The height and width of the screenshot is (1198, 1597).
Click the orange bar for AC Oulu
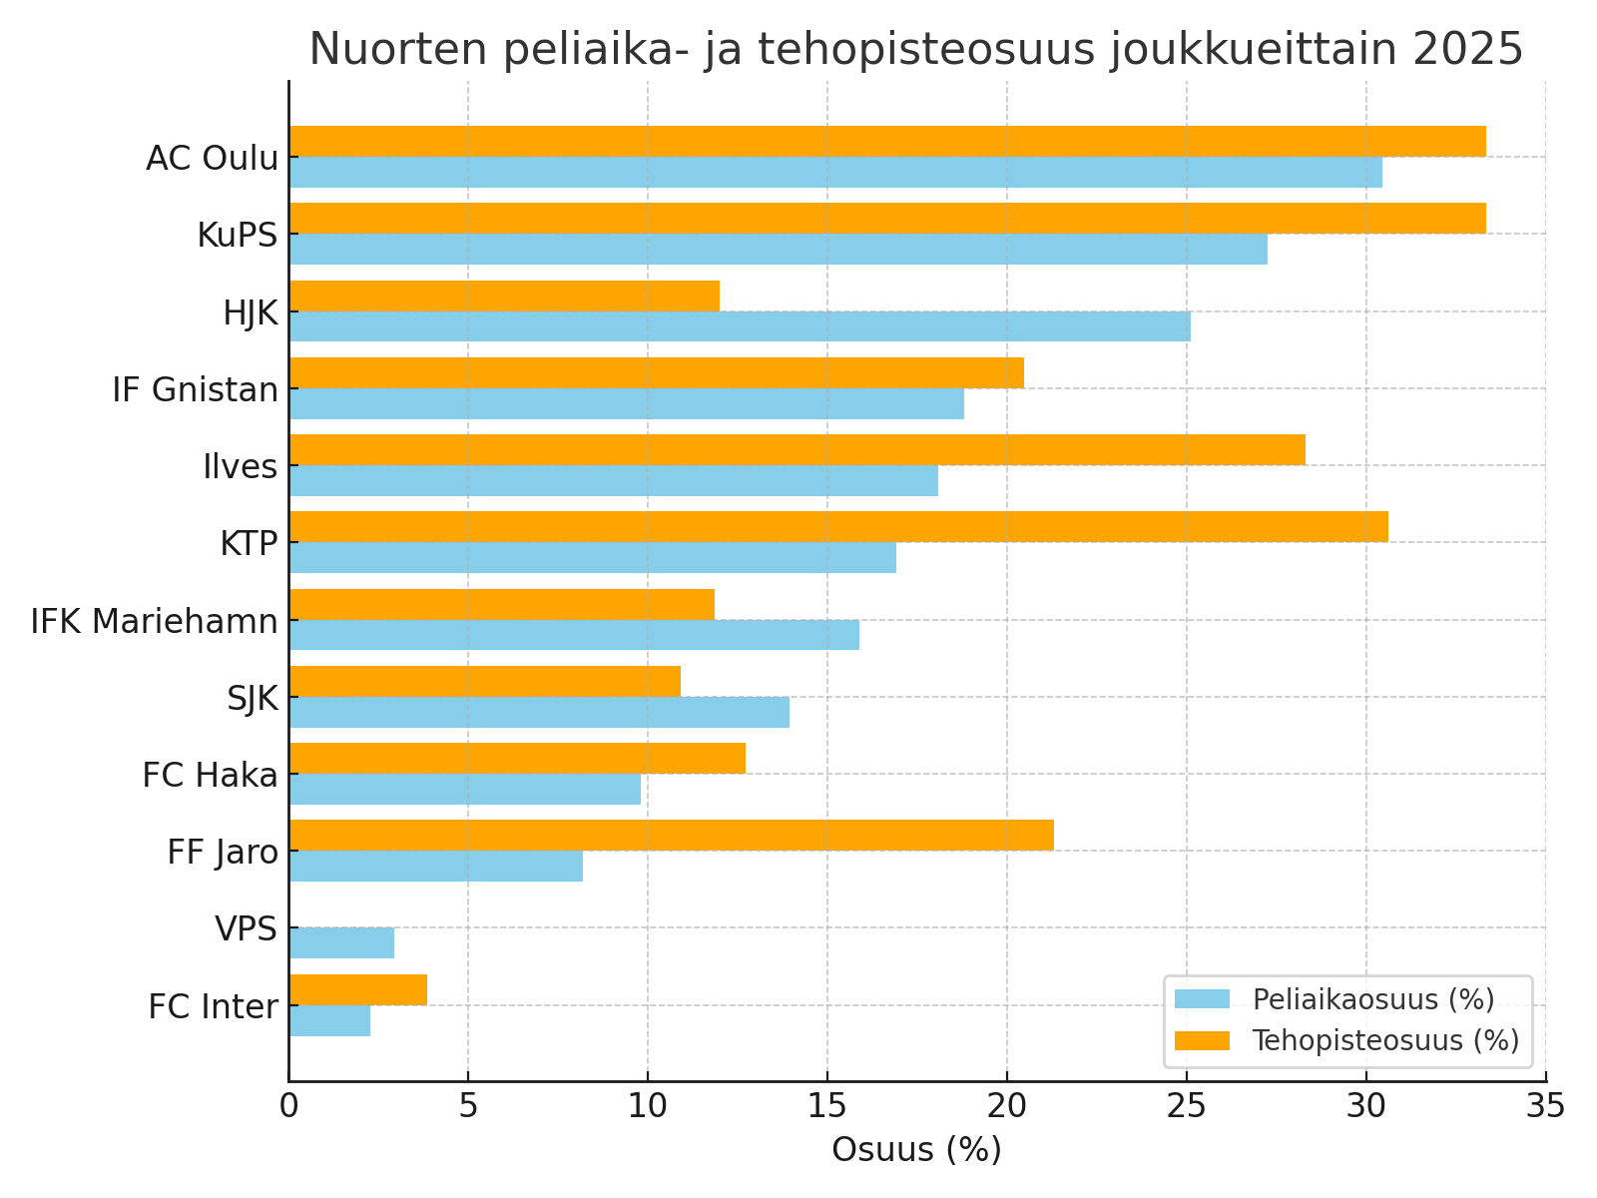point(886,142)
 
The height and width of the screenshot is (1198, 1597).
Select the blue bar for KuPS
point(778,250)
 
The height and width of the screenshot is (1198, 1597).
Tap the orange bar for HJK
point(504,296)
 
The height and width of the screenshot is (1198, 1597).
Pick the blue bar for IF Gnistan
point(626,403)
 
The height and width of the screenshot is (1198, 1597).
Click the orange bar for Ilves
point(797,449)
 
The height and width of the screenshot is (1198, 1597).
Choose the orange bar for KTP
point(838,526)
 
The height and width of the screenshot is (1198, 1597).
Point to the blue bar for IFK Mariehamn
point(574,635)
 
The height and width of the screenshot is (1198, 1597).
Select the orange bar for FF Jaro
point(671,835)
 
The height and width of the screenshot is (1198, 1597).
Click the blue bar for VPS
point(341,942)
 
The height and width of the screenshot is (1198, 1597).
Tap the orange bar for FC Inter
point(357,989)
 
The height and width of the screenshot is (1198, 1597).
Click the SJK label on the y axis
point(252,698)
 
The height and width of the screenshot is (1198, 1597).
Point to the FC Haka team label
point(210,775)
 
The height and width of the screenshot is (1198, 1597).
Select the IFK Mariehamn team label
point(154,621)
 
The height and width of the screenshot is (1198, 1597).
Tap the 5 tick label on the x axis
point(467,1105)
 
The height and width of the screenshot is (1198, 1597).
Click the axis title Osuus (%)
point(916,1150)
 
